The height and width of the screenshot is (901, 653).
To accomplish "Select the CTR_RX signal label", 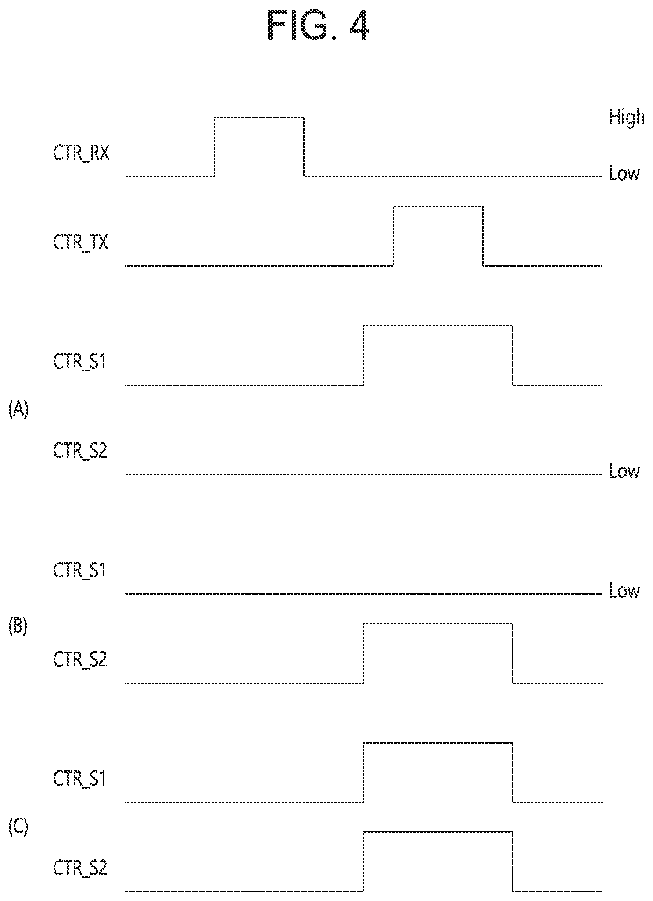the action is [81, 154].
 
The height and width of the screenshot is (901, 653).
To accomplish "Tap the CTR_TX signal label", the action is [81, 243].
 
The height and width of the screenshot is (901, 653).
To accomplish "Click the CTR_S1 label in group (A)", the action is [79, 363].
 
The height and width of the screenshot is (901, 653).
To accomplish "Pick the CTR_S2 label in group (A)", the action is [80, 452].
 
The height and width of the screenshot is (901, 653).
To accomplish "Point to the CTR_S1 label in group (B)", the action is [79, 571].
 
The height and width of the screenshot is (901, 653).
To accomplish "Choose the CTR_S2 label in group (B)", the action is [80, 660].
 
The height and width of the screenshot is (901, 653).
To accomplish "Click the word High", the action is [627, 118].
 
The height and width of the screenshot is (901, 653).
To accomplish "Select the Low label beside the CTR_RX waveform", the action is [624, 174].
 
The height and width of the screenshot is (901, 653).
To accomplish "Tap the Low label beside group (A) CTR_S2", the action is [624, 472].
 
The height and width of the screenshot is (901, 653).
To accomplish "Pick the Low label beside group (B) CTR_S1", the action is [624, 591].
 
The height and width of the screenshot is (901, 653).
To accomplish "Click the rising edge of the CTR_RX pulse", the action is [215, 147].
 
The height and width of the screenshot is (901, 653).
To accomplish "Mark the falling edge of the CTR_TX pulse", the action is [483, 236].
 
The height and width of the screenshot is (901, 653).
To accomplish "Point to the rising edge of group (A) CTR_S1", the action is [364, 355].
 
